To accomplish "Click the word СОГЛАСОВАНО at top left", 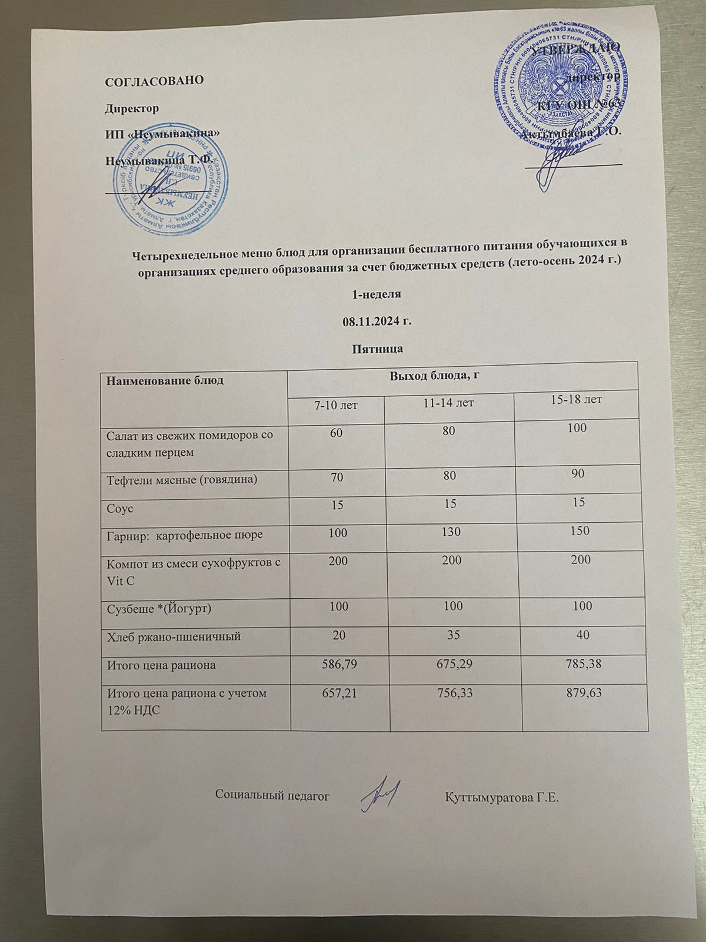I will [x=154, y=81].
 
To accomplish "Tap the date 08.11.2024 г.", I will [x=377, y=321].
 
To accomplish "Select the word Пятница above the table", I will [x=377, y=349].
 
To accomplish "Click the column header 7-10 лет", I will [x=335, y=405].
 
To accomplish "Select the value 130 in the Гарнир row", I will [x=450, y=533].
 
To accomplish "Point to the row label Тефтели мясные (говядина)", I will [x=182, y=479].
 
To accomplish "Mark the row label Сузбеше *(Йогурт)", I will [x=158, y=608].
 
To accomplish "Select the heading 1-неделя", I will [x=377, y=294].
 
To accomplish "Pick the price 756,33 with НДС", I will [x=451, y=694].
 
